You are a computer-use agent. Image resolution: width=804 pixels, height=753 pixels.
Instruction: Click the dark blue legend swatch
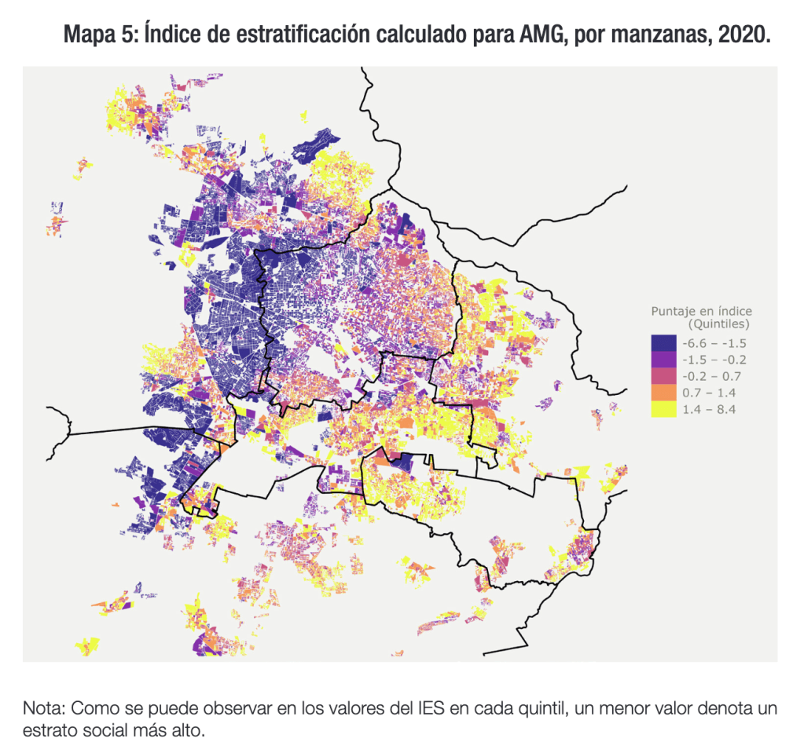(x=663, y=343)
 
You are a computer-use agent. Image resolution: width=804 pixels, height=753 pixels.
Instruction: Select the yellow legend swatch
(x=663, y=409)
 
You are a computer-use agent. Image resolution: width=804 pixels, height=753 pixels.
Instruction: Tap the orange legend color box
(x=663, y=393)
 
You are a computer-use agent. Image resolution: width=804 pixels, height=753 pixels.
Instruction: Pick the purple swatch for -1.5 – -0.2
(x=663, y=360)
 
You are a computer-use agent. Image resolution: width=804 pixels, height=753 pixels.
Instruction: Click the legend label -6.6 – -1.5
(x=714, y=343)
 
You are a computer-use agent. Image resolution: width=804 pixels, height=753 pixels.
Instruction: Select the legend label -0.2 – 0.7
(x=712, y=376)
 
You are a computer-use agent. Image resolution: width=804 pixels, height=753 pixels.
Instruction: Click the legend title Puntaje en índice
(x=701, y=312)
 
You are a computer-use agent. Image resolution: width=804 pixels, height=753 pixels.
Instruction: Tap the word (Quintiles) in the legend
(x=719, y=323)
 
